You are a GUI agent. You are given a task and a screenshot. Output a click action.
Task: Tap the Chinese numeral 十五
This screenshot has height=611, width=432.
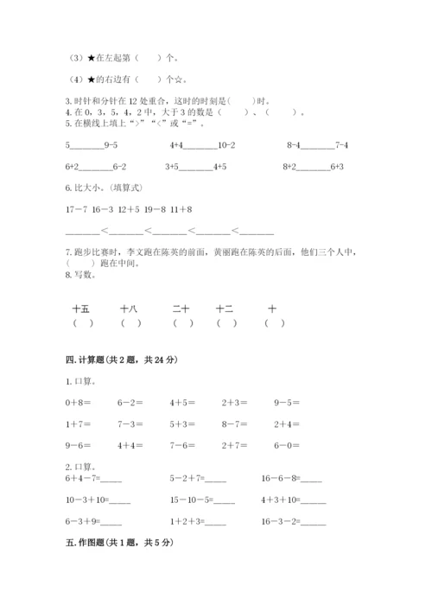tap(81, 308)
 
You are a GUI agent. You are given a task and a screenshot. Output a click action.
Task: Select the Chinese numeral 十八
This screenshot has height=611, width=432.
tap(130, 308)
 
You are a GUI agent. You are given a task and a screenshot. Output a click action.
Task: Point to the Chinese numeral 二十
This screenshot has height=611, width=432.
tap(181, 308)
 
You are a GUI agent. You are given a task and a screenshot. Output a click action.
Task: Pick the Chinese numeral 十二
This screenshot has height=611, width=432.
tap(225, 308)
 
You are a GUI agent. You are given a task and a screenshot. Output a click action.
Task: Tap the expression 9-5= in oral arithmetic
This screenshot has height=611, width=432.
tap(288, 402)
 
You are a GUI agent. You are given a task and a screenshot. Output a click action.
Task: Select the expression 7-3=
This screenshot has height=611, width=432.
tap(130, 423)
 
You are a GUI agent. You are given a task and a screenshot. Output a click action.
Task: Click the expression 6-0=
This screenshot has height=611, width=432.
tap(288, 445)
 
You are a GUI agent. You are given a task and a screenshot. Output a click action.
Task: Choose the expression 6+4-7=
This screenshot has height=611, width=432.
tap(81, 477)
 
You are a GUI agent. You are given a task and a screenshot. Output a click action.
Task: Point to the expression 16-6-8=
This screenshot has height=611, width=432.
tap(279, 477)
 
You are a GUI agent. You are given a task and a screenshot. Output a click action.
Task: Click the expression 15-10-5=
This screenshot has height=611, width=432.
tap(193, 500)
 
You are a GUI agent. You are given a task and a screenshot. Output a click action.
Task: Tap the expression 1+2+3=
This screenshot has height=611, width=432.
tap(187, 521)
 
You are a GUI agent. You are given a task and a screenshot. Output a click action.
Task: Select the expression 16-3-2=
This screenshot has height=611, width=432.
tap(279, 521)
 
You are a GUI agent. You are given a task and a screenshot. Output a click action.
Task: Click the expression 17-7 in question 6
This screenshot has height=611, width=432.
tap(77, 210)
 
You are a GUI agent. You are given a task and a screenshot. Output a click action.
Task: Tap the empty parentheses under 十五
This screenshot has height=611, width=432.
tap(83, 323)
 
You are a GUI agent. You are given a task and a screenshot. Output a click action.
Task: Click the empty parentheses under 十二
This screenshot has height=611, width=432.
tap(226, 323)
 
